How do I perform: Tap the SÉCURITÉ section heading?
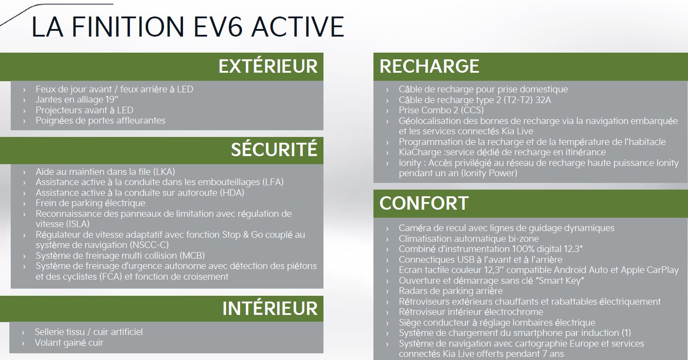click(x=274, y=149)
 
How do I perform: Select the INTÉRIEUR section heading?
click(x=269, y=308)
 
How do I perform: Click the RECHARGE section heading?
click(x=429, y=66)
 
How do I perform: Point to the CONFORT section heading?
click(x=424, y=203)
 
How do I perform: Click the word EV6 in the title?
click(x=217, y=27)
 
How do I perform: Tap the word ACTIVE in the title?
click(x=298, y=27)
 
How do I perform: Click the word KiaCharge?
click(x=420, y=153)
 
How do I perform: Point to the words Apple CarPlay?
click(x=650, y=270)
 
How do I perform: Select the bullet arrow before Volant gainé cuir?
click(x=23, y=343)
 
